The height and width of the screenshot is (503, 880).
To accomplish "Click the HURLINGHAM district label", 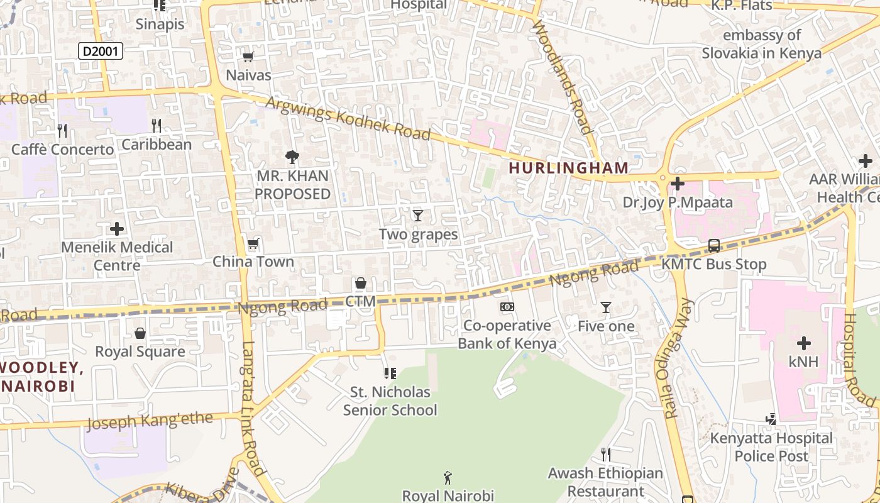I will [x=568, y=168].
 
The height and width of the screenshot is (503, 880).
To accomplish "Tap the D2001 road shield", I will [x=100, y=52].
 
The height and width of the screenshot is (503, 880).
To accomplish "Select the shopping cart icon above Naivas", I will [x=248, y=57].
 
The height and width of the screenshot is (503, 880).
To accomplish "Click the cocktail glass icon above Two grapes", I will [x=418, y=216].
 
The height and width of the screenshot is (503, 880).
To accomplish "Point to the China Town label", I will [x=253, y=262].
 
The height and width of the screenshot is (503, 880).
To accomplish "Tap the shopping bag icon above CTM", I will [x=361, y=283].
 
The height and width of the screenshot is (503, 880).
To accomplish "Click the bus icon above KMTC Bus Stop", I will [x=714, y=245].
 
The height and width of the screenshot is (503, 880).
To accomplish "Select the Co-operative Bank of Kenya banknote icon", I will [x=507, y=307].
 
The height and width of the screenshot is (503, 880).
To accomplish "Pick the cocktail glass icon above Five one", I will [x=606, y=307].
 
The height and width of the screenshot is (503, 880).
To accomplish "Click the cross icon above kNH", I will [x=804, y=343].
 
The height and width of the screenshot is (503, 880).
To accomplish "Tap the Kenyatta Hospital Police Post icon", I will [x=771, y=419].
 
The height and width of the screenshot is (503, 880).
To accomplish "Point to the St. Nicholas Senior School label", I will [x=390, y=401].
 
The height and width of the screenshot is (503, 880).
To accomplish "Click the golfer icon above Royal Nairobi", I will [x=448, y=477].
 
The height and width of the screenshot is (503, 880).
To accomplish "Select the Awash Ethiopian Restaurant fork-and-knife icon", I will [x=606, y=454].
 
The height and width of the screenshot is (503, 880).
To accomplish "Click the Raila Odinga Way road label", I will [x=678, y=359].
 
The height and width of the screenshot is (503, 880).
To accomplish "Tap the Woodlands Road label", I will [x=562, y=77].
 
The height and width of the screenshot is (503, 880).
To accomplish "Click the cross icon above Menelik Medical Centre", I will [x=117, y=228].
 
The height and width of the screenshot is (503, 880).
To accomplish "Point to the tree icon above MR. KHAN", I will [x=292, y=157].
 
